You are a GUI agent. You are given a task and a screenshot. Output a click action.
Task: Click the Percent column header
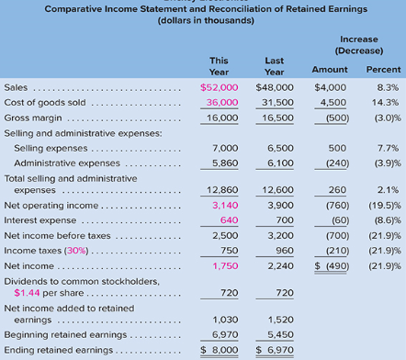(383, 69)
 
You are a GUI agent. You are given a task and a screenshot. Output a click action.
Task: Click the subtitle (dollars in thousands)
(202, 20)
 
